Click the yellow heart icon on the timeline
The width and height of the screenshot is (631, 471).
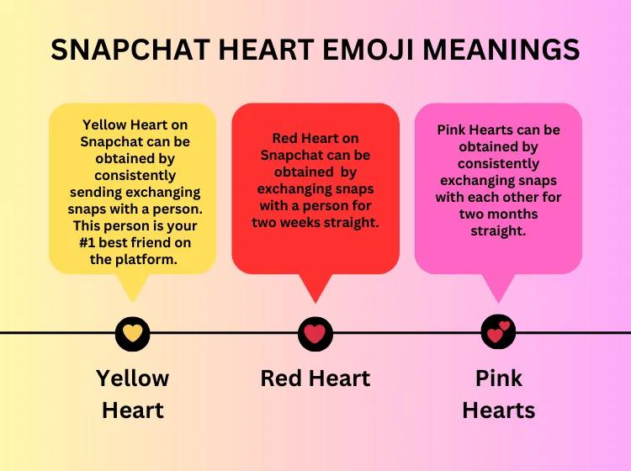pyautogui.click(x=132, y=334)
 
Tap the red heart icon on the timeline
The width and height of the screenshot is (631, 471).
pyautogui.click(x=315, y=334)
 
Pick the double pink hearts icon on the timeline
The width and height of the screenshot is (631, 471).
pyautogui.click(x=498, y=333)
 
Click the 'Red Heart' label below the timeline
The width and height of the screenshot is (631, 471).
pyautogui.click(x=315, y=378)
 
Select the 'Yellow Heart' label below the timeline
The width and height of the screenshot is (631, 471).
pyautogui.click(x=132, y=394)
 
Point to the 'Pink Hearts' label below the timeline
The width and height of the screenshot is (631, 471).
pyautogui.click(x=498, y=394)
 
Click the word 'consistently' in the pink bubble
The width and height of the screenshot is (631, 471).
pyautogui.click(x=498, y=163)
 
